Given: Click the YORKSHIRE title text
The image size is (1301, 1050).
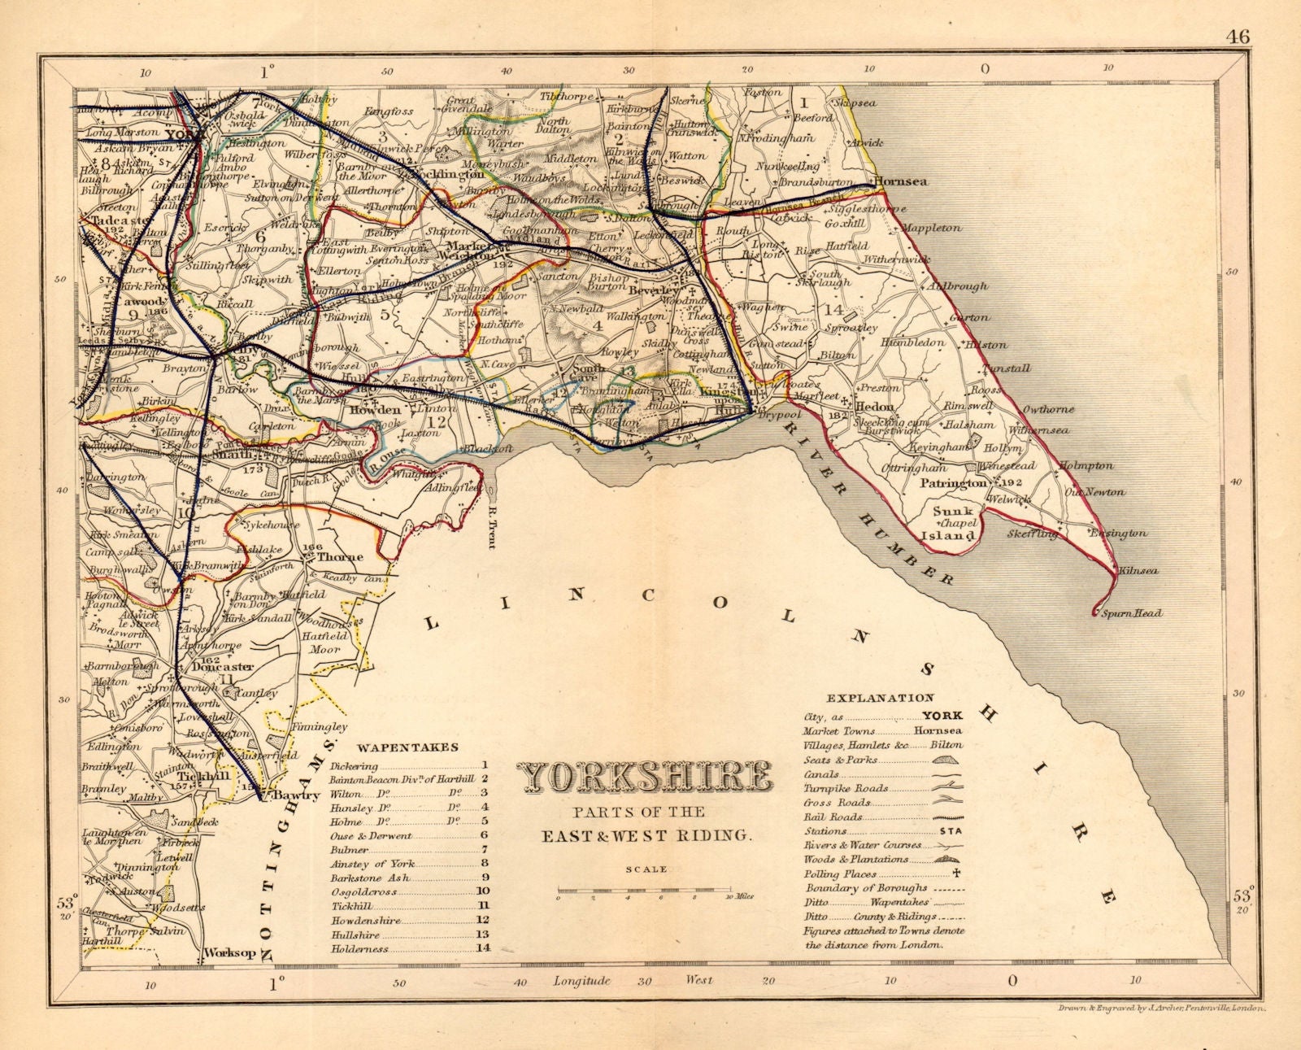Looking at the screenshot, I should click(646, 778).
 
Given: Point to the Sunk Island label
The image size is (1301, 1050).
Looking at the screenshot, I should click(952, 523).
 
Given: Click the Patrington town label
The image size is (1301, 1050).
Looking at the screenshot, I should click(954, 483).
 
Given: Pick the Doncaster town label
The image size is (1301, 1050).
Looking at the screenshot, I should click(223, 666).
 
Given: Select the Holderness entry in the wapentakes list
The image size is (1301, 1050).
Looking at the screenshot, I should click(359, 949).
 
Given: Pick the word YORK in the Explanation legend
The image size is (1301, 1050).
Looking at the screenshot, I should click(942, 716).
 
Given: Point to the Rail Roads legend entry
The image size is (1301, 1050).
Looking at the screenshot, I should click(832, 817).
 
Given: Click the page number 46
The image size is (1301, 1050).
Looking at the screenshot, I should click(1239, 37).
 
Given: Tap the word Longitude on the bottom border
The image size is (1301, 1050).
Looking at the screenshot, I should click(581, 981).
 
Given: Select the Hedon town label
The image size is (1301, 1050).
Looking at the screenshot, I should click(875, 407).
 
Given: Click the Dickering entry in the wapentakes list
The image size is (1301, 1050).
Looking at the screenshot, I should click(355, 766).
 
